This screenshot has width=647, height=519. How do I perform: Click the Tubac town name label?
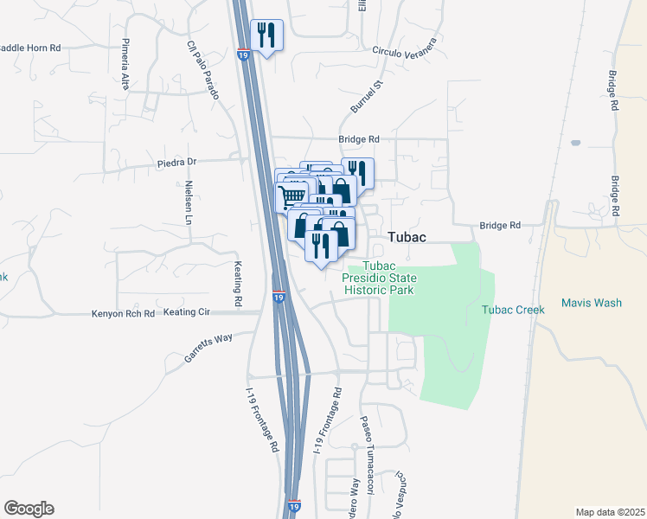(x=411, y=236)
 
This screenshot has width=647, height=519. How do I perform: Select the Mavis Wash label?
(x=591, y=303)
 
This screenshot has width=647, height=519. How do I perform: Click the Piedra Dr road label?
(x=177, y=162)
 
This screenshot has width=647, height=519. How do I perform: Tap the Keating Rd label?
(x=238, y=283)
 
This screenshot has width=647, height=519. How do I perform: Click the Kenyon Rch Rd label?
(x=123, y=313)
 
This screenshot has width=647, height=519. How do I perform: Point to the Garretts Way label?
(x=208, y=349)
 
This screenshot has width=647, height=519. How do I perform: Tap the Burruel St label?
(x=365, y=97)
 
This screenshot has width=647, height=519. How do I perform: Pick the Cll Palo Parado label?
(x=204, y=69)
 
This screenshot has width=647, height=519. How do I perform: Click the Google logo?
(x=29, y=509)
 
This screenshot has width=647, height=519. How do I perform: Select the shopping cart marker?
(x=291, y=196)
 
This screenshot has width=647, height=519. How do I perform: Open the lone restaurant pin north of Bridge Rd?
(x=266, y=35)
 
